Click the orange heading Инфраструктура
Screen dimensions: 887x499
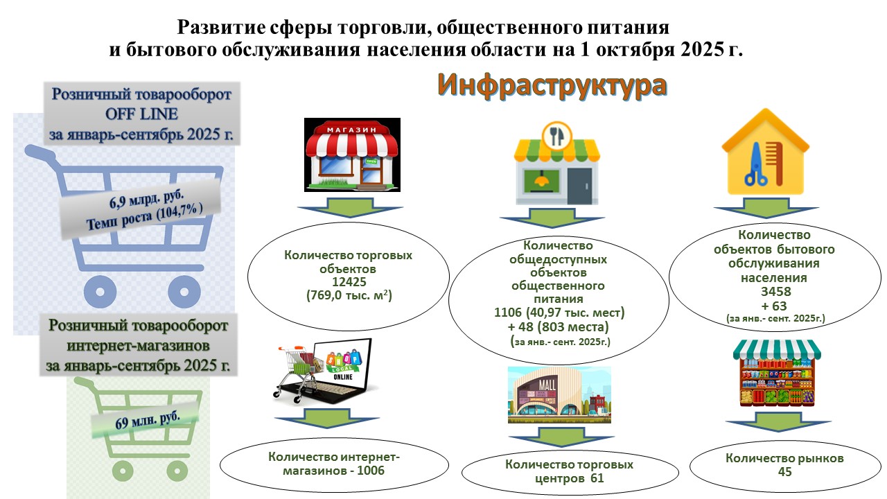click(552, 85)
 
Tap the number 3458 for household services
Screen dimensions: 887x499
click(775, 292)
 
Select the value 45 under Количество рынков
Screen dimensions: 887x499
click(784, 472)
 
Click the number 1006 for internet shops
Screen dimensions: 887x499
click(371, 471)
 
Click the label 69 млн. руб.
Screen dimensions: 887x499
click(148, 420)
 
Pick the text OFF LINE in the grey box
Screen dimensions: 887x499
click(141, 114)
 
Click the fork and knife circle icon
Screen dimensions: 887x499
click(556, 135)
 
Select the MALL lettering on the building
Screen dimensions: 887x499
click(547, 384)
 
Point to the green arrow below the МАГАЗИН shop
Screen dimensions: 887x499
click(350, 207)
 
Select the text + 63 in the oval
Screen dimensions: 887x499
click(774, 306)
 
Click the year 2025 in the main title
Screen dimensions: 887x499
click(703, 50)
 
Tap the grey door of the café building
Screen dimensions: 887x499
click(580, 186)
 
